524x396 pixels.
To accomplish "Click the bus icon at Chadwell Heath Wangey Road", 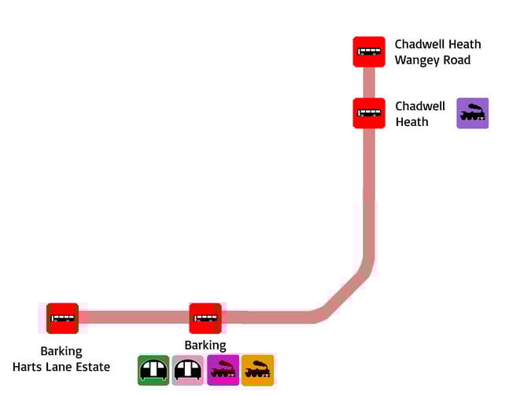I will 368,52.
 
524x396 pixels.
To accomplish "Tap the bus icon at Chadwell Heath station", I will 368,113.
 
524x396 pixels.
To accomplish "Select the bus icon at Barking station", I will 205,318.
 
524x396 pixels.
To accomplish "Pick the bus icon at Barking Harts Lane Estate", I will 62,319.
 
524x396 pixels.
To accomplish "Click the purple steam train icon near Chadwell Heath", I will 473,113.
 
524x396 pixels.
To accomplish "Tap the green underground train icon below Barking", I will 153,370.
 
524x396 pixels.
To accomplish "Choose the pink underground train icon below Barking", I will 188,370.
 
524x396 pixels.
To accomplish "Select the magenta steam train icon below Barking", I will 223,370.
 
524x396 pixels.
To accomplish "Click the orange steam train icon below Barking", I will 257,370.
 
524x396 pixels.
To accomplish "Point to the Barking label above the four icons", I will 205,346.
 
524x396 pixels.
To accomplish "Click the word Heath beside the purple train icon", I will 411,122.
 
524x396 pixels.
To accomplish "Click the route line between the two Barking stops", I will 134,317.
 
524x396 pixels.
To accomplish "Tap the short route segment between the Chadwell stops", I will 368,83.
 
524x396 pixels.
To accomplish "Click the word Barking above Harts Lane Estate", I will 61,351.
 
